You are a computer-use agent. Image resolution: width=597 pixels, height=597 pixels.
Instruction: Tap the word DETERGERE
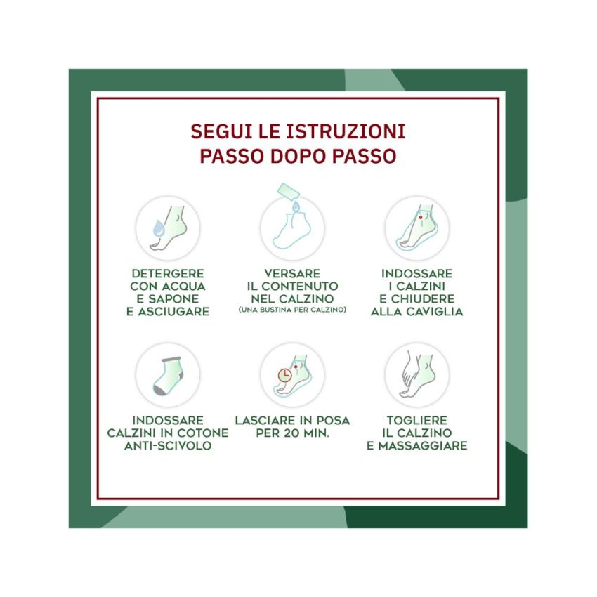point(168,273)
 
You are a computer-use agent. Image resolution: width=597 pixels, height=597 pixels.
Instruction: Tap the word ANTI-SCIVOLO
point(168,445)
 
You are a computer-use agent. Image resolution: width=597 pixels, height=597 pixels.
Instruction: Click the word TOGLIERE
point(417,420)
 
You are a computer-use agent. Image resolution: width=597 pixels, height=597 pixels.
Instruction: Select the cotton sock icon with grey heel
point(168,375)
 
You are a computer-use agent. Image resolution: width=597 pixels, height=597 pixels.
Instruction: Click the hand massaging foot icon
point(417,375)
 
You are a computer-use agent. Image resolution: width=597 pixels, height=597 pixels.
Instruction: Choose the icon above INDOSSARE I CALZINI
point(417,228)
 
